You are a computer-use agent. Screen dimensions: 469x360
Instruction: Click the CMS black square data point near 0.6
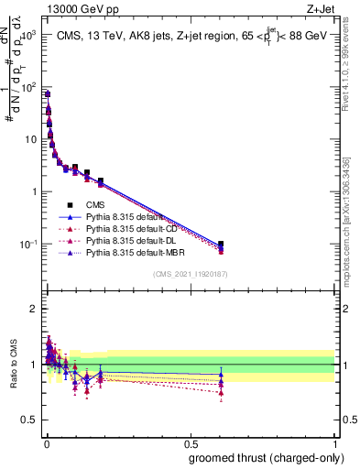(x=221, y=245)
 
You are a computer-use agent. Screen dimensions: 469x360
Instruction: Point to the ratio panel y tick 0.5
(x=27, y=420)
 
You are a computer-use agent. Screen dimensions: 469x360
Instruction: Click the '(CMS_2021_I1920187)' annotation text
(x=190, y=273)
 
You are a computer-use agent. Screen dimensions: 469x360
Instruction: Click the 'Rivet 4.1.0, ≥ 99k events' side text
(x=352, y=82)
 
